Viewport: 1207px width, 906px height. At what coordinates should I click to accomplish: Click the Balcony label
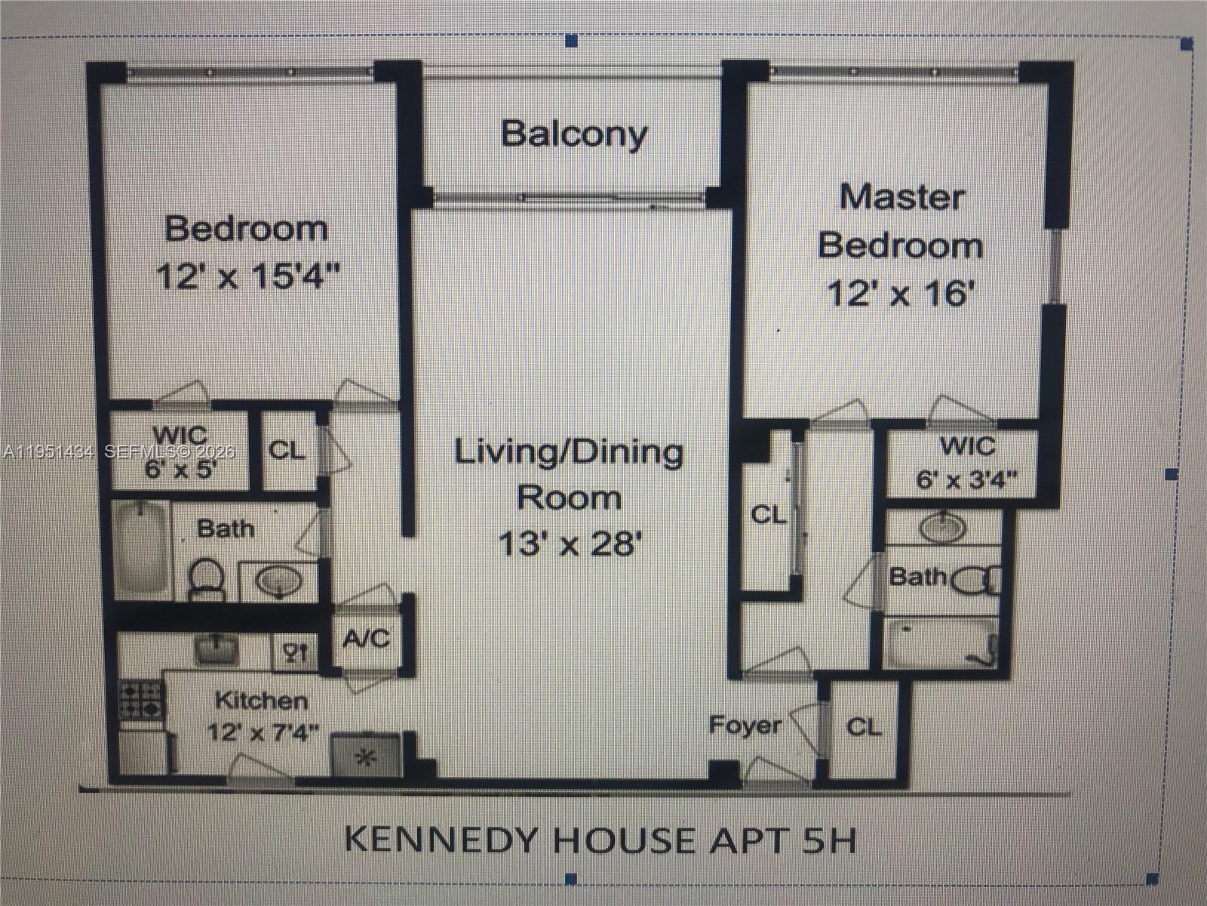(x=574, y=134)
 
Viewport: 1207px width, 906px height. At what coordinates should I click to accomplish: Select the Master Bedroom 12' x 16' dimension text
(x=897, y=294)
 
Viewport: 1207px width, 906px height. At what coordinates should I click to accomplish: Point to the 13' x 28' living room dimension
(x=570, y=543)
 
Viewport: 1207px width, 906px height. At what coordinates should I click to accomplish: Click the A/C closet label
(x=366, y=639)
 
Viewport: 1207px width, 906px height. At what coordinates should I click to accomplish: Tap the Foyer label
(x=745, y=726)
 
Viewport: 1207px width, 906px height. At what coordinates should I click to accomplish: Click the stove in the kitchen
(x=141, y=700)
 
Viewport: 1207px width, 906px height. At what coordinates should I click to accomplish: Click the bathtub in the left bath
(x=141, y=550)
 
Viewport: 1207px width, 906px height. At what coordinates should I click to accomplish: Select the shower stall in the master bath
(x=941, y=644)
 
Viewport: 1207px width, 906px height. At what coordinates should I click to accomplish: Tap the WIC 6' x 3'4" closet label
(x=966, y=463)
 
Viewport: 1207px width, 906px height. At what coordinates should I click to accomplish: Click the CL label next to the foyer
(x=864, y=727)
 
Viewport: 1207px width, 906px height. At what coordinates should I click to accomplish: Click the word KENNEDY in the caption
(x=443, y=840)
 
